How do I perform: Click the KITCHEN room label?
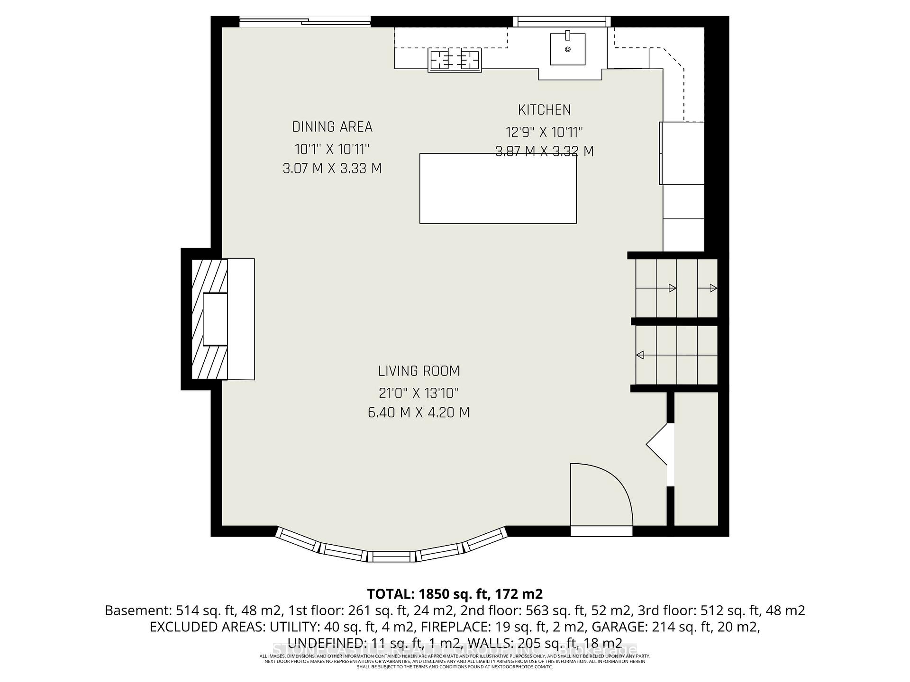(544, 110)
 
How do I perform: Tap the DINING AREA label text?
(332, 127)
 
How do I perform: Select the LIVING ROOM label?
(419, 371)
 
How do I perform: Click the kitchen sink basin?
(567, 49)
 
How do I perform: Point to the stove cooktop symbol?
(455, 60)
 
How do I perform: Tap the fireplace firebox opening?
(215, 319)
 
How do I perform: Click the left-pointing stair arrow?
(640, 355)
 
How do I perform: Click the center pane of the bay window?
(391, 556)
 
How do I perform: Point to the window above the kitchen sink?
(562, 21)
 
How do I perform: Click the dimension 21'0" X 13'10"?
(419, 393)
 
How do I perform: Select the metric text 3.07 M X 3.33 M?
(332, 169)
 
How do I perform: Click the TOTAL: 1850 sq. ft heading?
(455, 593)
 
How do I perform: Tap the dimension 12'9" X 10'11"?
(544, 132)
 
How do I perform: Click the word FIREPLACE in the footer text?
(458, 627)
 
